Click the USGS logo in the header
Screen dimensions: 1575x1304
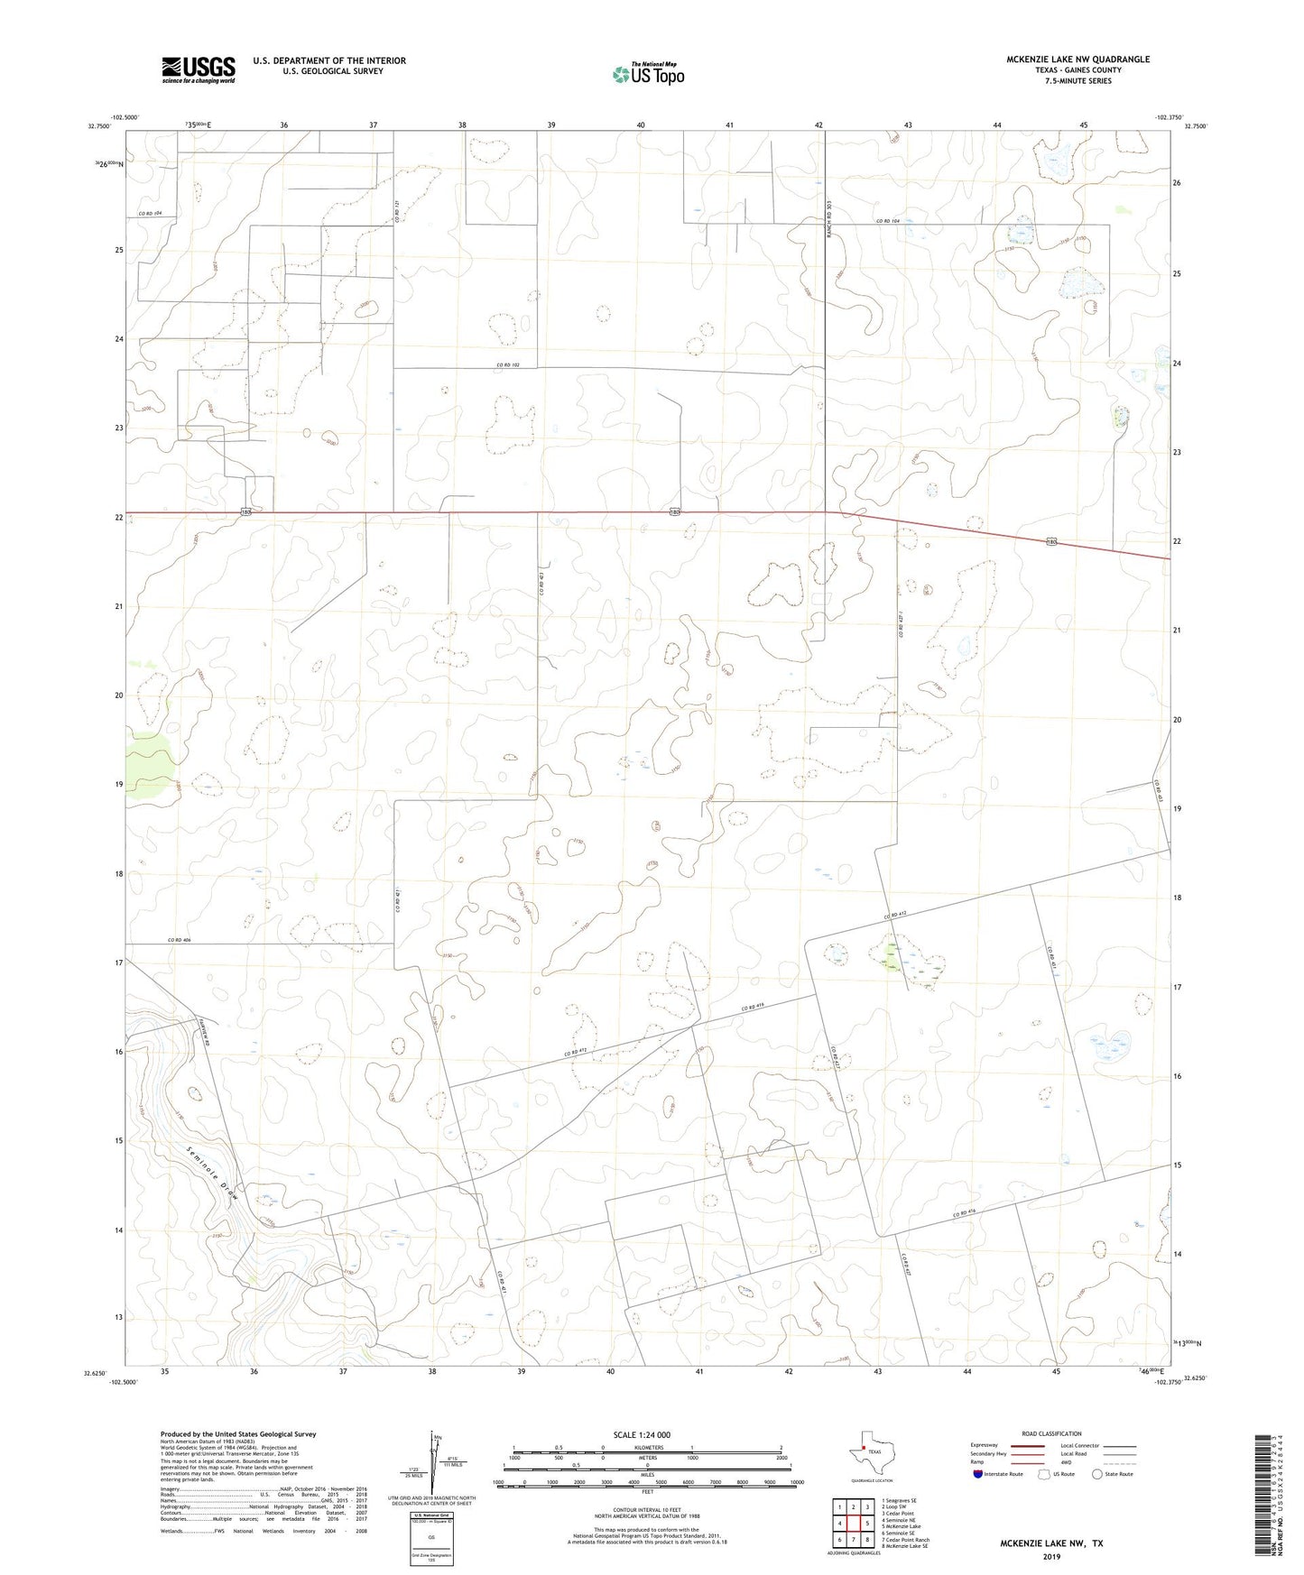pos(198,69)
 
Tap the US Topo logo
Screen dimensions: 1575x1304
pos(648,73)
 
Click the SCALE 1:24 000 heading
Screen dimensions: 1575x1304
pos(642,1434)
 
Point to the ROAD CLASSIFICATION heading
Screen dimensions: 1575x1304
pos(1051,1433)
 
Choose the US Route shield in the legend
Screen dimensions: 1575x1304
pos(1045,1475)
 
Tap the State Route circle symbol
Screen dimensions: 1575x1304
pos(1097,1475)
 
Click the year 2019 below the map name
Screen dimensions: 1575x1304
pos(1051,1556)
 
